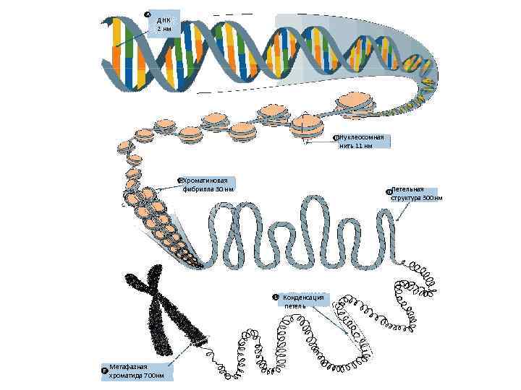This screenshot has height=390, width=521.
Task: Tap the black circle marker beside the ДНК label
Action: [148, 14]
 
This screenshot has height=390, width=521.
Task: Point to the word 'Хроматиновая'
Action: [206, 180]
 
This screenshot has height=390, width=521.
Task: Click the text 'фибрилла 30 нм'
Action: [208, 189]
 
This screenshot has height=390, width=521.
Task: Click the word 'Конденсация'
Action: [304, 297]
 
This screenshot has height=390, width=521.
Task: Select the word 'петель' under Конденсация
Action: [295, 305]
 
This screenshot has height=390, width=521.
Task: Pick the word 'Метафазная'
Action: [128, 368]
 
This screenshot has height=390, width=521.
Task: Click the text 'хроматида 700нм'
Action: [136, 376]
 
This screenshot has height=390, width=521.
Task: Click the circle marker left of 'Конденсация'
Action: [275, 298]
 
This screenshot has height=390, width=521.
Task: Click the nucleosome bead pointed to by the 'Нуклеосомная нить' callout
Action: [307, 127]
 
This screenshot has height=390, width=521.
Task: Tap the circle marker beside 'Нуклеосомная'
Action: [335, 137]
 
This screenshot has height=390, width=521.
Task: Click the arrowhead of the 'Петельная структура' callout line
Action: [397, 219]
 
